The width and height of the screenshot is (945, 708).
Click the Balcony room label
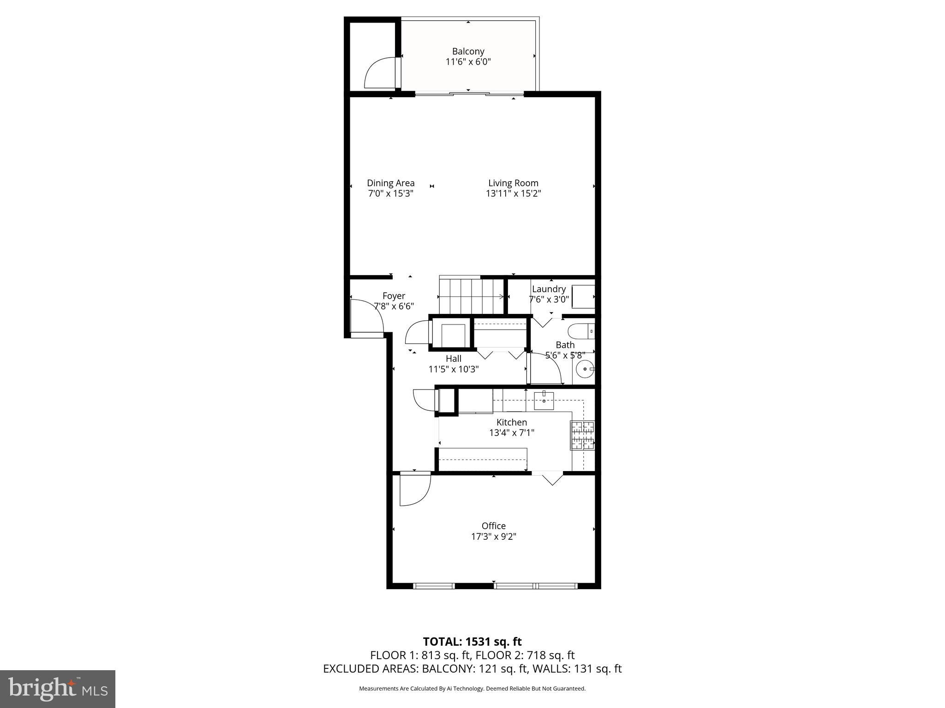[x=468, y=51]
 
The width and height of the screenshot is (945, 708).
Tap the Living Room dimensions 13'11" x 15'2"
[x=513, y=194]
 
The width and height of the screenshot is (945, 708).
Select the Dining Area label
[x=390, y=183]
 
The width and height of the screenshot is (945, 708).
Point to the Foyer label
[x=394, y=296]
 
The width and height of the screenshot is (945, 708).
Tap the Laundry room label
[x=549, y=289]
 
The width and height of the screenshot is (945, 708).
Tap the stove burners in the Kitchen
[x=582, y=435]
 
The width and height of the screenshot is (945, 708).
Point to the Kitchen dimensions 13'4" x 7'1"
[x=512, y=433]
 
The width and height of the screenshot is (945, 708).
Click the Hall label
[x=453, y=359]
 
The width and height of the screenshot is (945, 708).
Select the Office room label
[x=493, y=526]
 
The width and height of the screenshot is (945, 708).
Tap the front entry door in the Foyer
[x=367, y=316]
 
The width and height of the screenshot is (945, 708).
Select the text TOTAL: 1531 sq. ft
[x=472, y=642]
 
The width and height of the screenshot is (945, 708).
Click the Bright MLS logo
[x=58, y=689]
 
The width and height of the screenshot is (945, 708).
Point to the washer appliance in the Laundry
[x=582, y=296]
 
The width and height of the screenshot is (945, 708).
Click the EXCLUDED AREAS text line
[x=472, y=669]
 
